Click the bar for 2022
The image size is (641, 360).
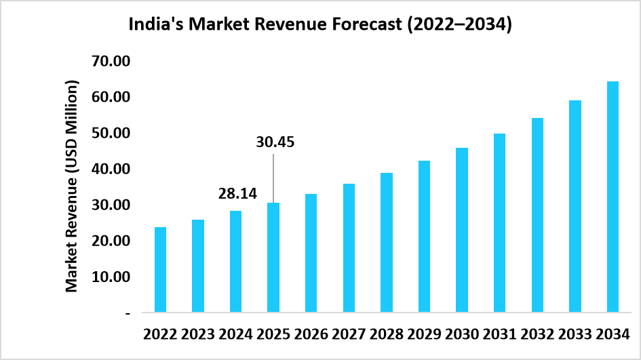pos(161,270)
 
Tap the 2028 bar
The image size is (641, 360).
pos(387,243)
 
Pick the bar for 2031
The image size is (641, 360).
pos(499,223)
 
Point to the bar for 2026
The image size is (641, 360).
pos(311,253)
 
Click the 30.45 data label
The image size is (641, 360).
pos(275,142)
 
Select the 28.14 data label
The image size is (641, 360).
pos(237,194)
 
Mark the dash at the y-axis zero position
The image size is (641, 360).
pos(127,313)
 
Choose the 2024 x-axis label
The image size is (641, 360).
pos(235,334)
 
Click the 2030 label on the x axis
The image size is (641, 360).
pos(462,334)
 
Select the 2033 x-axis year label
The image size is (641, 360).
pos(575,334)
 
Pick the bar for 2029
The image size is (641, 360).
pos(424,237)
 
